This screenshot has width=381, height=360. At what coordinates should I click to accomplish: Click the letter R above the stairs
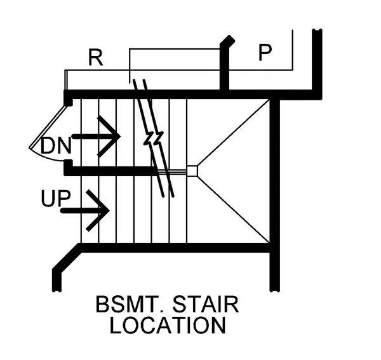point(95,58)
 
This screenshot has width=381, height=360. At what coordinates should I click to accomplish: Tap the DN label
point(55,145)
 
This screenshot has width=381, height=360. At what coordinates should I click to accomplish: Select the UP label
point(55,199)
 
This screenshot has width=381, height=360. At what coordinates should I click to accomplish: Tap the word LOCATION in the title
point(167,325)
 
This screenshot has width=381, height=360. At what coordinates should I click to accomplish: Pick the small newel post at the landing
point(192,170)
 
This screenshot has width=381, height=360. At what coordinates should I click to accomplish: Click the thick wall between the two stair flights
point(111,170)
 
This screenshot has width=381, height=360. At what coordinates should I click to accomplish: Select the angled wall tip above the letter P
point(227,42)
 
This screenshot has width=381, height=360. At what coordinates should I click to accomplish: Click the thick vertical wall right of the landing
point(274,190)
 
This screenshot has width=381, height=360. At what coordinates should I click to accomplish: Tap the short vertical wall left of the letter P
point(224,70)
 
